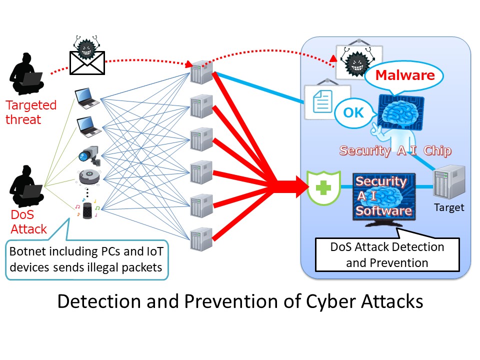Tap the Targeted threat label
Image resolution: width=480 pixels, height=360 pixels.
pos(30,112)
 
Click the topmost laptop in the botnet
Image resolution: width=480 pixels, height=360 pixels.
pos(87,98)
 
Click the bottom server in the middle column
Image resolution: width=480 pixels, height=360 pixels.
pos(198,239)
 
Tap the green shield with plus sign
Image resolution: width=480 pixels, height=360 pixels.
pos(323,187)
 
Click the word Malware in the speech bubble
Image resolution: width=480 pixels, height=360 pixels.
pos(404,76)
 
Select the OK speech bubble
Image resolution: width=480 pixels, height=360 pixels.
pos(354,112)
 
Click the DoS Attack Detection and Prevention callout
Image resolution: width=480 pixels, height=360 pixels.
pos(387,254)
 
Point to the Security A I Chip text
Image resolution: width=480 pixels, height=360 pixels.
pos(395,150)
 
